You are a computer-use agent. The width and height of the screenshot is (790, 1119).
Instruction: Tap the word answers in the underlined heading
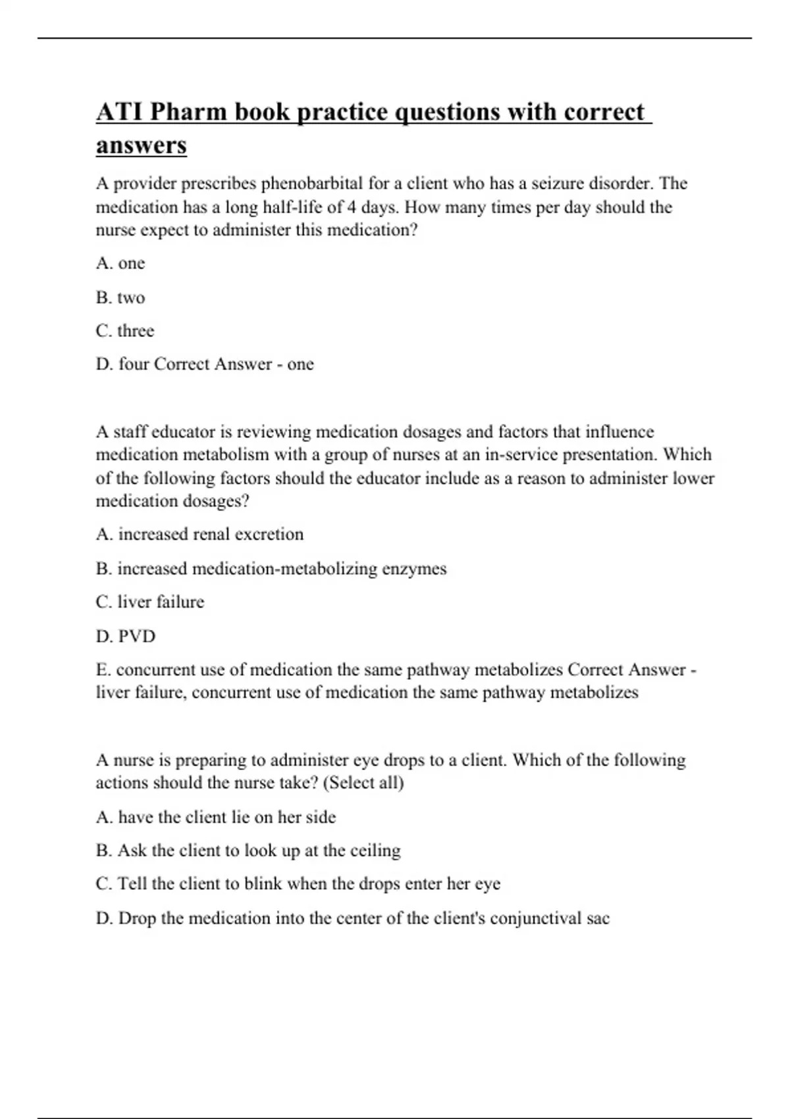(x=142, y=145)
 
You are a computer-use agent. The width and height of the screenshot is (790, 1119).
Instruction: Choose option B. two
(x=120, y=298)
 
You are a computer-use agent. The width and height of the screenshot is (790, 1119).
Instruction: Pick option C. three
(x=125, y=330)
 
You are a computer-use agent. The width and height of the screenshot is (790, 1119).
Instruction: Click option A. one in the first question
(x=120, y=263)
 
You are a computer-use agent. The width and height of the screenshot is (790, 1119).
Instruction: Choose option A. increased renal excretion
(x=200, y=534)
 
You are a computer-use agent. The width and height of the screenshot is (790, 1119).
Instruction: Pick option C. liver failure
(x=150, y=602)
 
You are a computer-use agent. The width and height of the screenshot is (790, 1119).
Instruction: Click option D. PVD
(x=126, y=637)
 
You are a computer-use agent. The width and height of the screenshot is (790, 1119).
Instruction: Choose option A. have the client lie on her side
(x=216, y=817)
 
